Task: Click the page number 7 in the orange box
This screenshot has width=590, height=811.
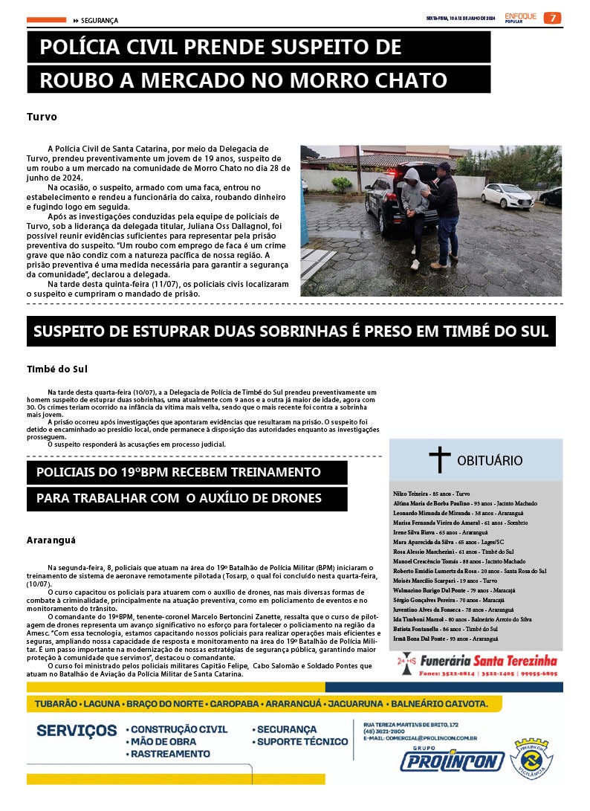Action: (552, 18)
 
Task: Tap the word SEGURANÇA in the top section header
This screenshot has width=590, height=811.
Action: (100, 21)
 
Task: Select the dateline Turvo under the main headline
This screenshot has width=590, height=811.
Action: (42, 117)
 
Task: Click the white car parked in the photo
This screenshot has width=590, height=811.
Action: (507, 196)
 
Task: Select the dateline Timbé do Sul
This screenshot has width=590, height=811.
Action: (57, 369)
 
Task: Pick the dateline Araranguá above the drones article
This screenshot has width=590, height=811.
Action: (51, 540)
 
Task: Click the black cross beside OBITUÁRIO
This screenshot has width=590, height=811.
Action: (439, 460)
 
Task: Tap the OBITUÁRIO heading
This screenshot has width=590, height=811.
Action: (490, 461)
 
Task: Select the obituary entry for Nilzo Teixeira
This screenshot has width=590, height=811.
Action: (431, 494)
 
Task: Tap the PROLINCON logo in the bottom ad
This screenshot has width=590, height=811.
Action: (452, 760)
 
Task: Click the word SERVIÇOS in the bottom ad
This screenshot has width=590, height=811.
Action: (77, 731)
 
